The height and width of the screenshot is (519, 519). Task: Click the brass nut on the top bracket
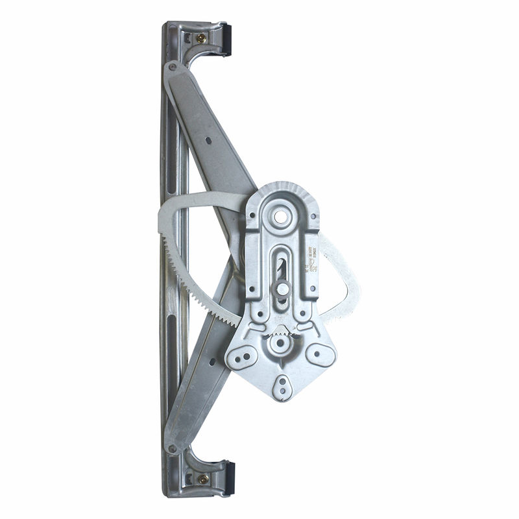click(202, 38)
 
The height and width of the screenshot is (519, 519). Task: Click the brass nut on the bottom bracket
click(202, 479)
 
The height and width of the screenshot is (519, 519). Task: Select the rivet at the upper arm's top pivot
click(172, 66)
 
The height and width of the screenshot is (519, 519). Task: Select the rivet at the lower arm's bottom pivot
click(173, 448)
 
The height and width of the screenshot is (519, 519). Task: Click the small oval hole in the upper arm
click(209, 139)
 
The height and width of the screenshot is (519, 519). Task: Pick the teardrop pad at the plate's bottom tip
click(282, 387)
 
